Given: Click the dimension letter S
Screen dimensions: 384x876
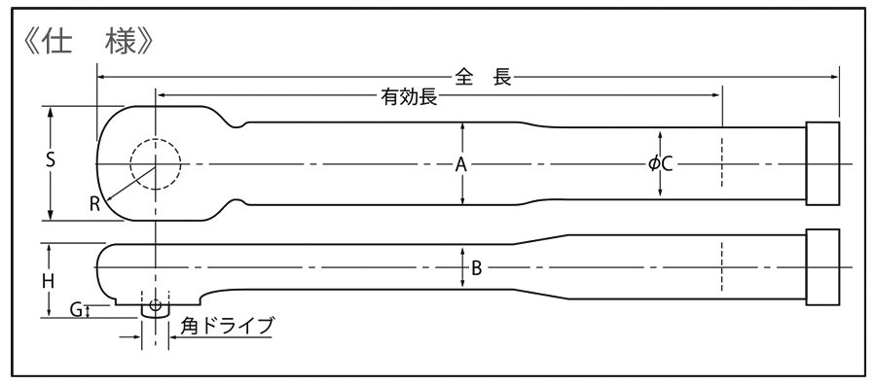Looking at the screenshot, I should pos(50,162).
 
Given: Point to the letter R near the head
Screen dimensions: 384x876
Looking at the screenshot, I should pos(94,203).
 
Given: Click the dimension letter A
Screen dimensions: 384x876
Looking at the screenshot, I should pos(462,164).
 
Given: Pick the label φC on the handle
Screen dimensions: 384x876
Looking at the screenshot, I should pos(661,164).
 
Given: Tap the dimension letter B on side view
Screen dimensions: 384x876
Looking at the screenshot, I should pos(476,268).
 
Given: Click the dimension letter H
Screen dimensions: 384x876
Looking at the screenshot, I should pos(48,279).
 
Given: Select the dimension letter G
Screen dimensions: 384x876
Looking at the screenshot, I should pos(75,310).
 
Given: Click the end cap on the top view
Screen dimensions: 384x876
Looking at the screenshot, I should pos(823,164).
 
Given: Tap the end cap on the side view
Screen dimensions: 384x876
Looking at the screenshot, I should pos(823,267).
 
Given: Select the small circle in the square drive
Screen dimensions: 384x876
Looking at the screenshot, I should pos(155,304).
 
